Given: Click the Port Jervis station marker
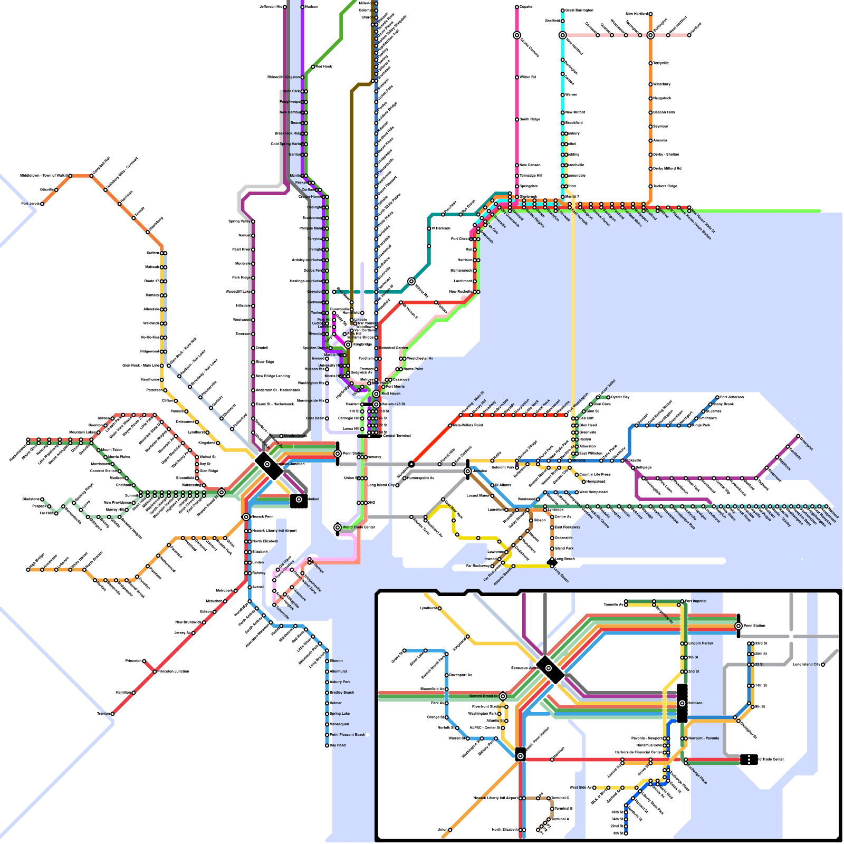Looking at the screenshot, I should (x=42, y=204).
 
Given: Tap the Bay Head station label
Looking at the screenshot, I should (x=338, y=745).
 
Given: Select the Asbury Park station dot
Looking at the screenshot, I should (x=327, y=682).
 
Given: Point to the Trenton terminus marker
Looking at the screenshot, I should (x=112, y=714).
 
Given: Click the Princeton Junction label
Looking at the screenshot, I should (x=174, y=672).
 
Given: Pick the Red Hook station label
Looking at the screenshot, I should (x=324, y=67).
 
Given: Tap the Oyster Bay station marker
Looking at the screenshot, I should (x=608, y=397).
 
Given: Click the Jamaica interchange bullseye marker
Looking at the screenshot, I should (x=467, y=471).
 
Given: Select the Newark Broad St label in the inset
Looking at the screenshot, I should (x=483, y=696).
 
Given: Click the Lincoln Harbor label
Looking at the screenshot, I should (x=701, y=644).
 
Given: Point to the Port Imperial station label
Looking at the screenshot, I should (x=696, y=601).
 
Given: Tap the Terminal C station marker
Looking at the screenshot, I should (x=549, y=798).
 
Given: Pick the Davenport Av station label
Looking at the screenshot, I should (x=461, y=675).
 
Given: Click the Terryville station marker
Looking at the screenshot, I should (x=650, y=63).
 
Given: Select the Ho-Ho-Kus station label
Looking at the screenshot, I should (x=150, y=338).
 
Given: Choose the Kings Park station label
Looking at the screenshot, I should (x=701, y=425).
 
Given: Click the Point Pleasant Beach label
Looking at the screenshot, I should (x=348, y=735).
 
